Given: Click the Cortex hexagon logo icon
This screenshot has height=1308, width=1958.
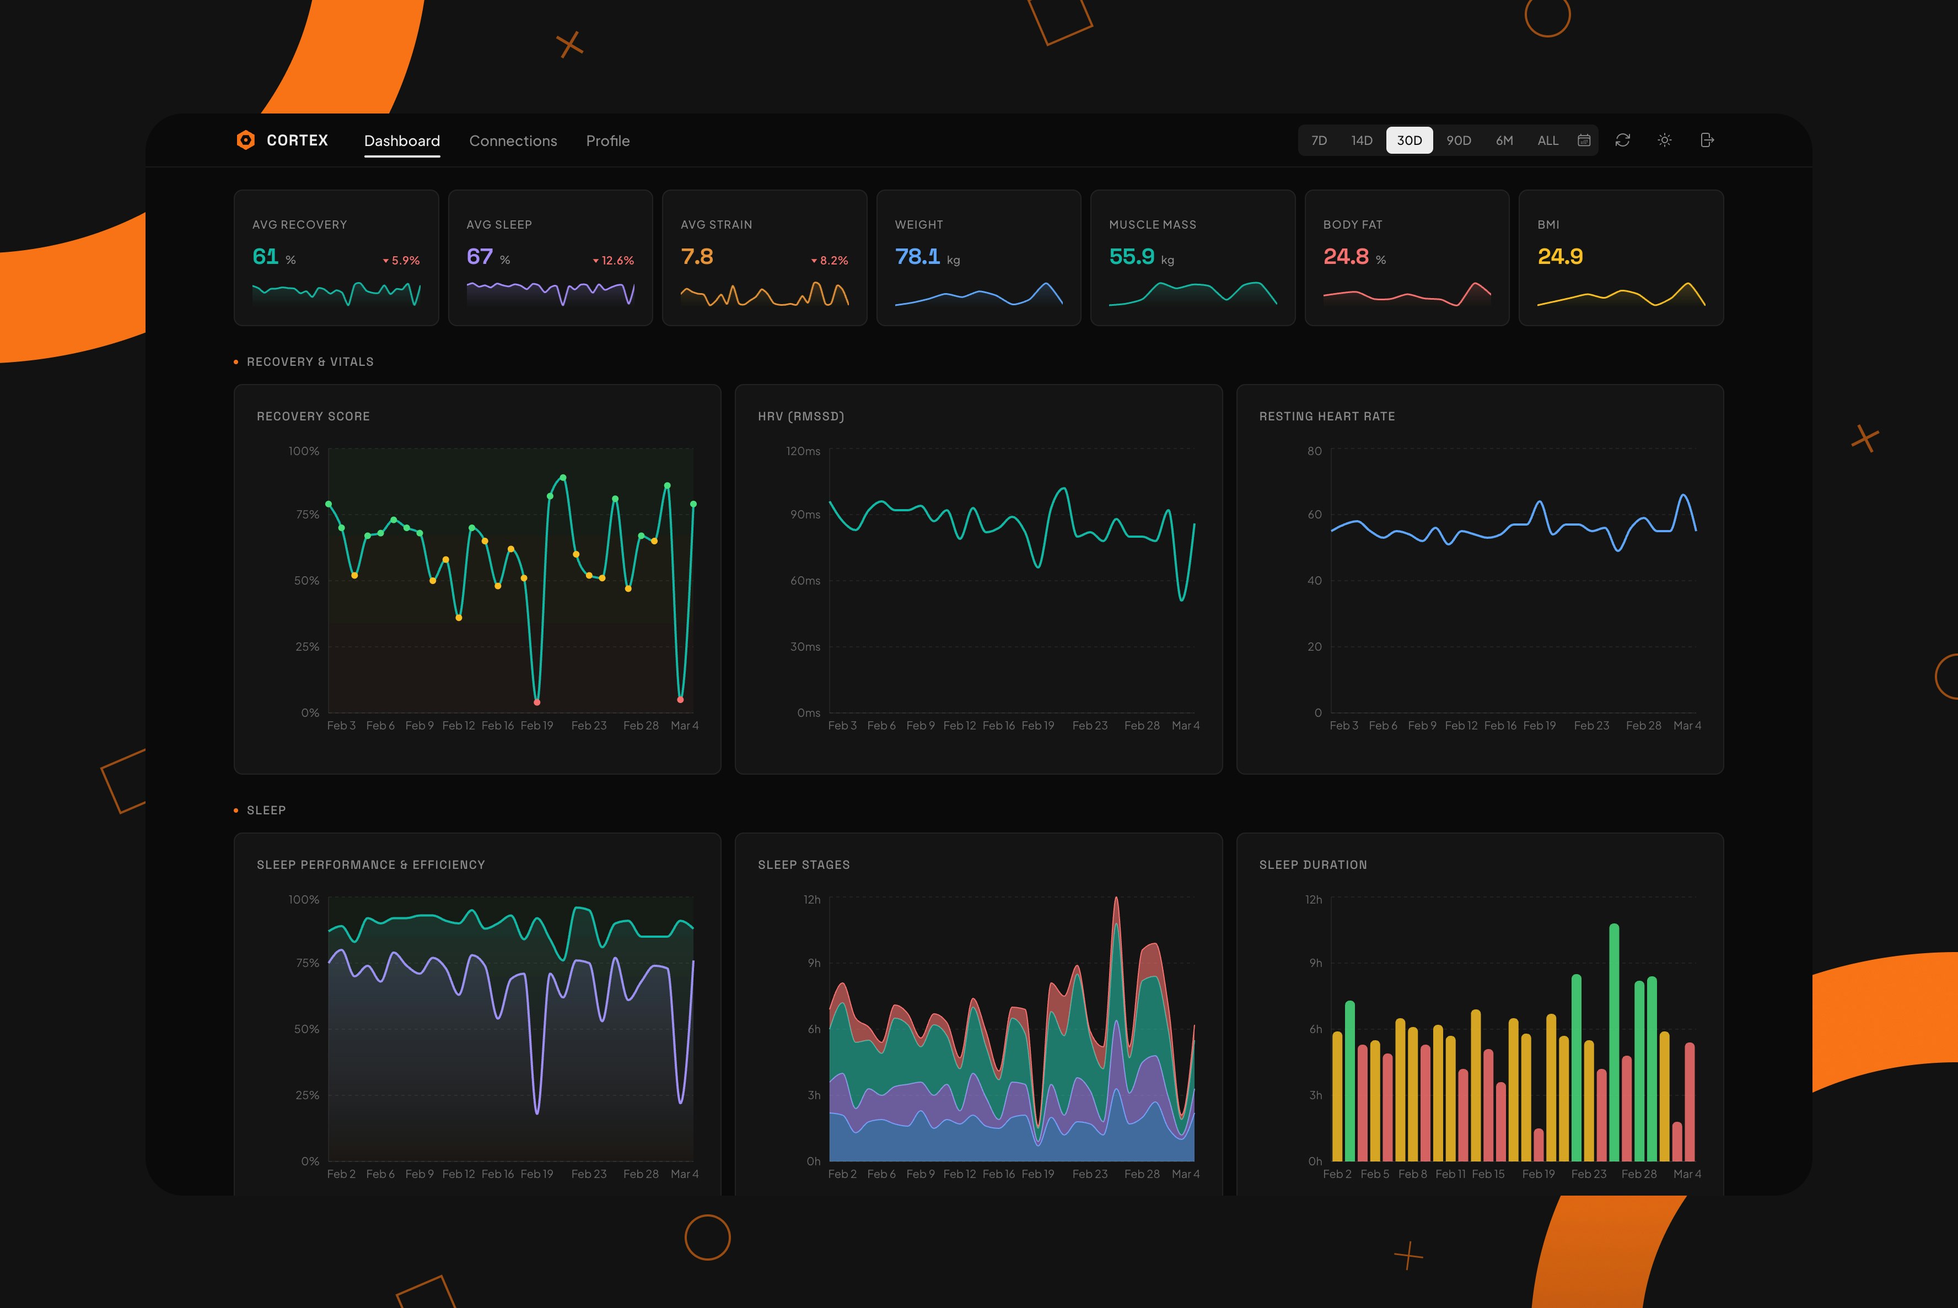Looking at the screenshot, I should tap(245, 140).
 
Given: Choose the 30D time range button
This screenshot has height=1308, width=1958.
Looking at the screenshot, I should tap(1409, 140).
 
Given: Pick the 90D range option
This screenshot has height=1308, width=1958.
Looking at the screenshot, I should tap(1458, 140).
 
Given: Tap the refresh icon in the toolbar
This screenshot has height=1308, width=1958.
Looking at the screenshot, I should tap(1622, 140).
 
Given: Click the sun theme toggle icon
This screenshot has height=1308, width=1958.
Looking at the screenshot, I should tap(1664, 140).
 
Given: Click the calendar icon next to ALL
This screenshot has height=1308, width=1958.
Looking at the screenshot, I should tap(1583, 140).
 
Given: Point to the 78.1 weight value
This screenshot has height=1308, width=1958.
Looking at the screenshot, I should tap(916, 256).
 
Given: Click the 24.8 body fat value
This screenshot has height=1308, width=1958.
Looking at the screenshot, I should tap(1346, 256).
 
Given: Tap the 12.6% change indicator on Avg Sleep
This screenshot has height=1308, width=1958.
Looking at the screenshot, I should tap(614, 260).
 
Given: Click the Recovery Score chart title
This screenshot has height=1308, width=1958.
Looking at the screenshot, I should tap(313, 417).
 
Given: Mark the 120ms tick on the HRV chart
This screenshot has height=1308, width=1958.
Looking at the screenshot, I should tap(802, 451).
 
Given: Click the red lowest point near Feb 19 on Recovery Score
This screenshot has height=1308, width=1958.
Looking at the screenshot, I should tap(537, 701).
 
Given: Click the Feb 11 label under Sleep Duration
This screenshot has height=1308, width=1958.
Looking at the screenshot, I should tap(1450, 1174).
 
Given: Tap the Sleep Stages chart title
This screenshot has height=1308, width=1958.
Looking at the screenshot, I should tap(803, 865).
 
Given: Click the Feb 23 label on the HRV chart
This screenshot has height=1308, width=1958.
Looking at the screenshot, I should tap(1089, 726).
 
